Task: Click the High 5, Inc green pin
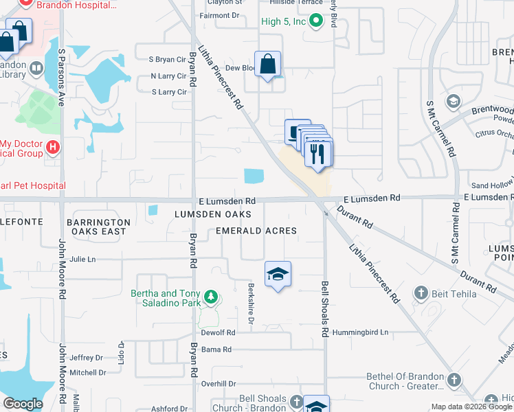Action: coord(316,21)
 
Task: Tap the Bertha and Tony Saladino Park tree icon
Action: coord(212,297)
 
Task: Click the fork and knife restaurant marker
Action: coord(318,152)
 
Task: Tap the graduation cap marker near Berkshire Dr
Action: coord(278,274)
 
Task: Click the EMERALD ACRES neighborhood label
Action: coord(256,231)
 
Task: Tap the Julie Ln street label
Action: coord(82,260)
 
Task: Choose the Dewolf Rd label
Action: coord(219,332)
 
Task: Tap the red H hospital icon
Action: coord(52,147)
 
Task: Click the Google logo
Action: coord(23,404)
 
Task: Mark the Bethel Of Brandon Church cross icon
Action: coord(453,380)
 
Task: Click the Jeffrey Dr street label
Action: coord(86,358)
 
